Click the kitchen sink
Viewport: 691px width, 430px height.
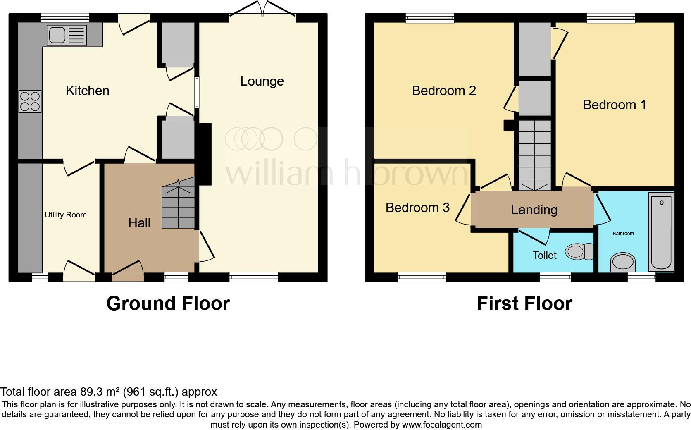tap(67, 35)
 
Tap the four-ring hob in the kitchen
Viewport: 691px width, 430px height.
tap(30, 101)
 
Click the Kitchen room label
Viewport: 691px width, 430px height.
tap(88, 91)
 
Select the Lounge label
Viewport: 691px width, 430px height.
tap(262, 81)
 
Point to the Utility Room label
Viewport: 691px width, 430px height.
tap(66, 215)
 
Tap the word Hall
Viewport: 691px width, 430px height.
tap(139, 223)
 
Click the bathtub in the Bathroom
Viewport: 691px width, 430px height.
tap(662, 232)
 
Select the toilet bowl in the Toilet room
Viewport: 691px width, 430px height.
tap(579, 251)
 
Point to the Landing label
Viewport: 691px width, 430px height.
tap(534, 210)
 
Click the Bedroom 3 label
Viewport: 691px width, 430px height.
tap(417, 207)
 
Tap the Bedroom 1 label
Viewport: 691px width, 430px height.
tap(614, 105)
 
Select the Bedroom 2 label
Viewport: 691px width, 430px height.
tap(444, 90)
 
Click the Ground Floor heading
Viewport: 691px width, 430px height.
tap(168, 303)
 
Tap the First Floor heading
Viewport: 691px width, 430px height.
tap(524, 303)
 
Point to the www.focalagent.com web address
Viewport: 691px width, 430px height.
tap(442, 424)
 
